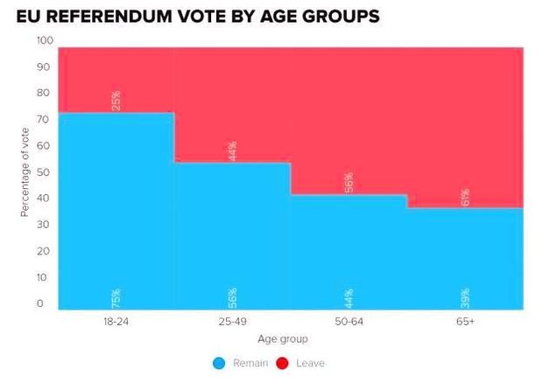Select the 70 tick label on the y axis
click(x=42, y=120)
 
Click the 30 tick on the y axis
click(x=42, y=225)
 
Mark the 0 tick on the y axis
click(x=40, y=303)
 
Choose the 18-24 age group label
click(x=117, y=323)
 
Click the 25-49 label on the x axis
click(x=232, y=323)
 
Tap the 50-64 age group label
click(x=349, y=323)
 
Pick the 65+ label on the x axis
click(x=465, y=323)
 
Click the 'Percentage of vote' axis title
click(x=25, y=171)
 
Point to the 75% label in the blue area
click(x=116, y=297)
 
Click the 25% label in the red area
click(x=116, y=101)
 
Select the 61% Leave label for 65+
click(x=466, y=197)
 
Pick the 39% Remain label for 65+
click(x=466, y=297)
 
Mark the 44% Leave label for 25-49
click(x=233, y=150)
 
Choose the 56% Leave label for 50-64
click(x=349, y=183)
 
